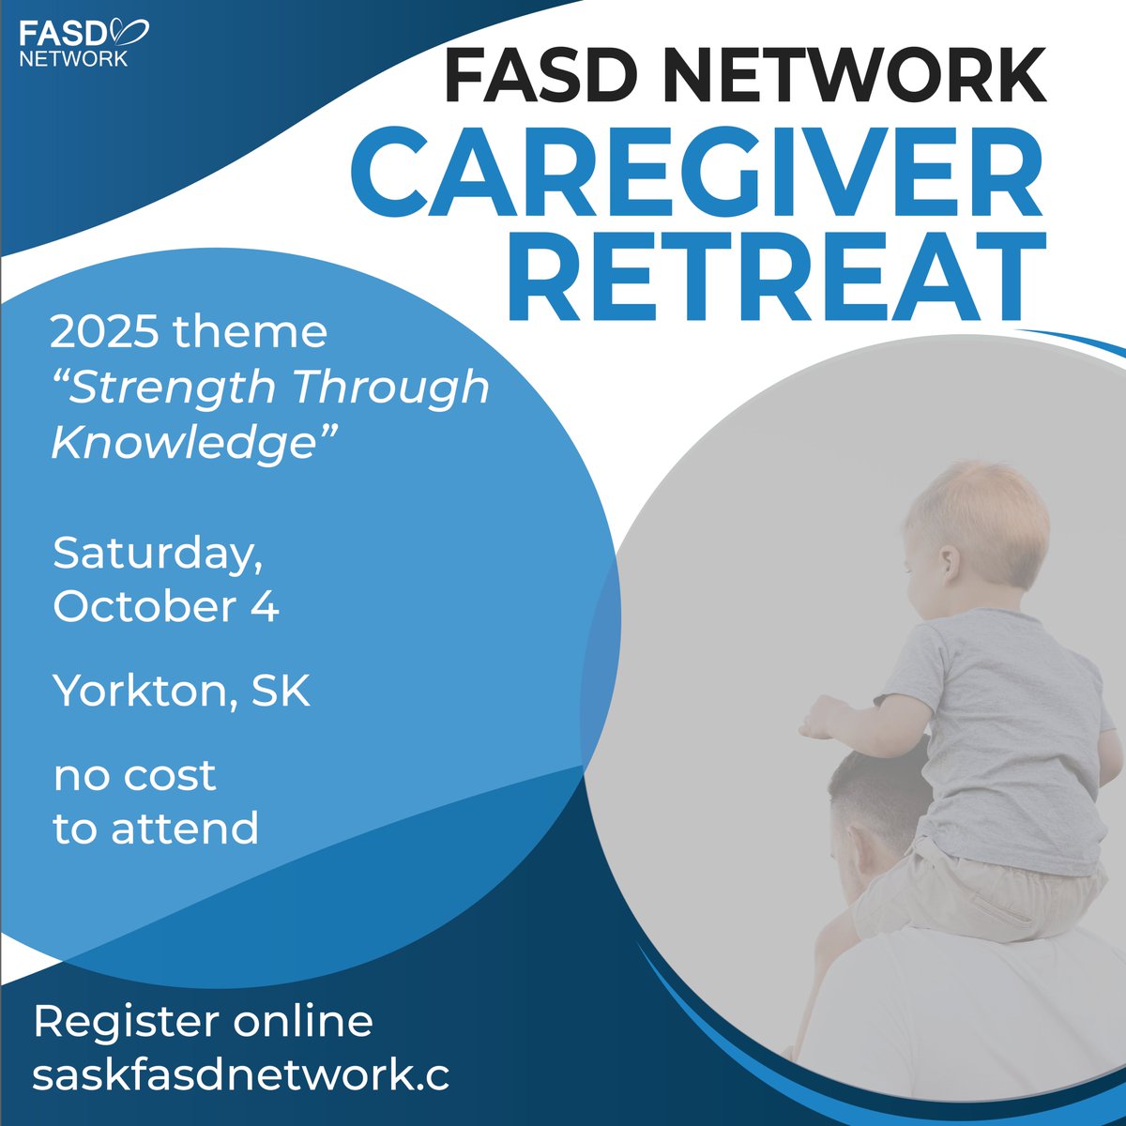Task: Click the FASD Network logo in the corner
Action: tap(84, 43)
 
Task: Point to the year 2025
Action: tap(99, 333)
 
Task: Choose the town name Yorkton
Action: tap(145, 692)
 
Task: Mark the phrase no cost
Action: tap(134, 776)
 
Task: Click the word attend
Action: tap(195, 829)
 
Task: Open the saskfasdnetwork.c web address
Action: tap(240, 1075)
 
